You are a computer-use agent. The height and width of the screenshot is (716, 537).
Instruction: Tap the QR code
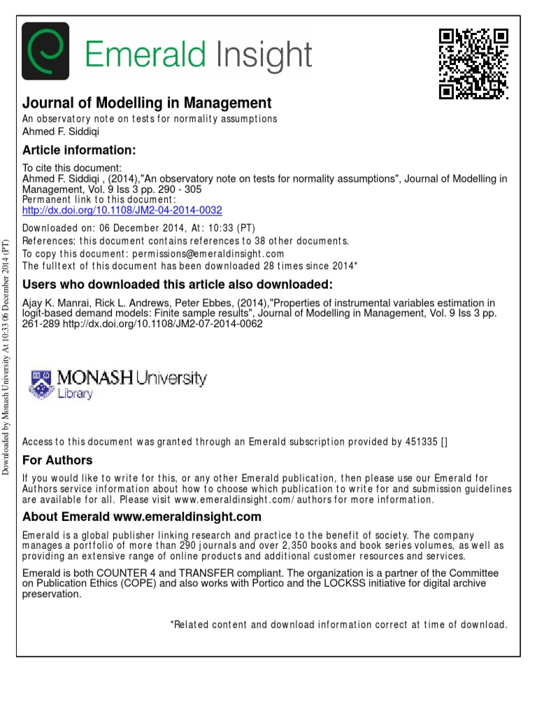[x=473, y=64]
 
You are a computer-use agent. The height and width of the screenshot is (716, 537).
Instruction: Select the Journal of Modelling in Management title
[x=147, y=103]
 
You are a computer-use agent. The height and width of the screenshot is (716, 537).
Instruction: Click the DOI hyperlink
[x=122, y=209]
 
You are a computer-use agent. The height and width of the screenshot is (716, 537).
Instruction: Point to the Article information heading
[x=79, y=150]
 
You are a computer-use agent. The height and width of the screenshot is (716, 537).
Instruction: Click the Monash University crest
[x=41, y=383]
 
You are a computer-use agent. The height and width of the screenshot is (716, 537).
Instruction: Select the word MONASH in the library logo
[x=94, y=378]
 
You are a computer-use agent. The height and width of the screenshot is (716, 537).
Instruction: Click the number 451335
[x=422, y=441]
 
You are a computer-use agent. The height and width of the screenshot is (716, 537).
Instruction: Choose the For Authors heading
[x=57, y=460]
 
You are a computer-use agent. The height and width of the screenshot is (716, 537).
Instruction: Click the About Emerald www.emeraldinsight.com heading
[x=142, y=517]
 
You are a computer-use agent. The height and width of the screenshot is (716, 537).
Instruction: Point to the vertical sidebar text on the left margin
[x=7, y=357]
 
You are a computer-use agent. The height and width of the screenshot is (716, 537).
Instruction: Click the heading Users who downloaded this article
[x=178, y=284]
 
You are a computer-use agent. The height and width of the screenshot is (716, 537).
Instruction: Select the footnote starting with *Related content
[x=338, y=624]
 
